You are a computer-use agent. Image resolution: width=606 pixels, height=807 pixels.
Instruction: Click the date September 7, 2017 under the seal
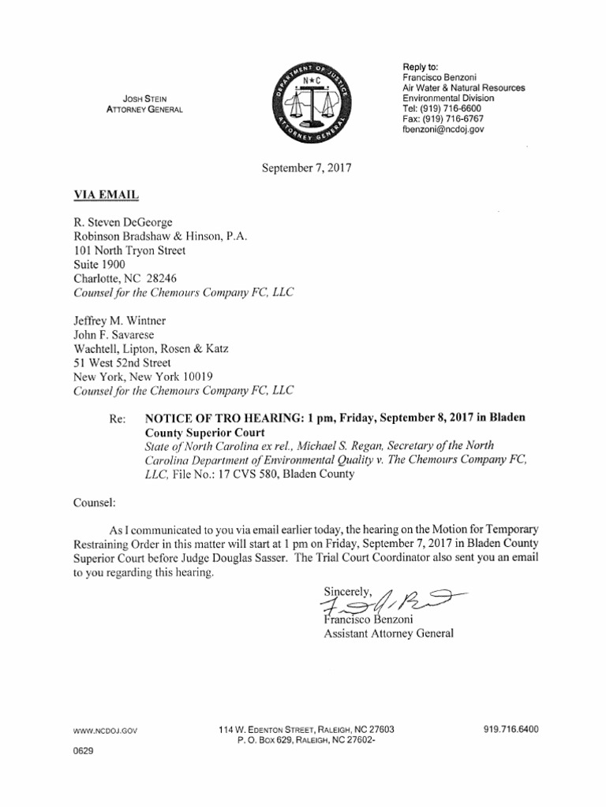point(305,168)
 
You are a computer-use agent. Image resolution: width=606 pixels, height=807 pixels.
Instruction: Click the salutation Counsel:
point(95,501)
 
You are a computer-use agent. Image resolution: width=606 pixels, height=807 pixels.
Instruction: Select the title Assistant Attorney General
point(389,633)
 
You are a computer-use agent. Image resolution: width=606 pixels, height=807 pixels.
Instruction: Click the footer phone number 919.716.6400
point(511,730)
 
